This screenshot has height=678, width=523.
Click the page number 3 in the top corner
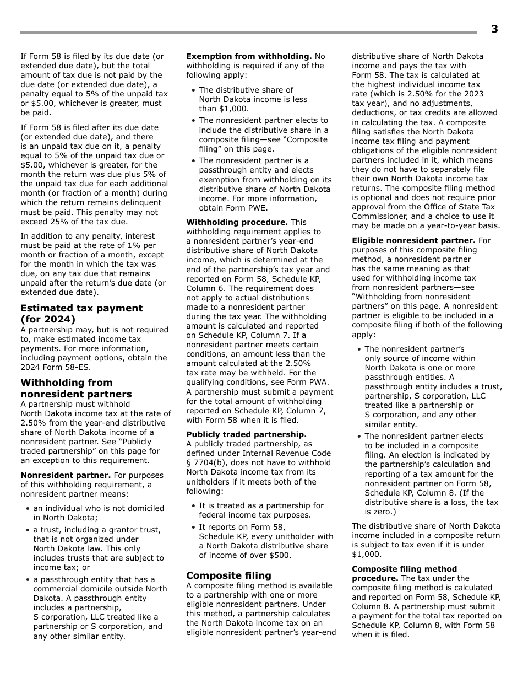(x=494, y=30)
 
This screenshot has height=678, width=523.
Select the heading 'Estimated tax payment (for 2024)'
(x=81, y=314)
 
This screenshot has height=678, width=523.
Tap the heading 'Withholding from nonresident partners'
(x=76, y=388)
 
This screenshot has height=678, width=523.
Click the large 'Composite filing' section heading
(x=228, y=575)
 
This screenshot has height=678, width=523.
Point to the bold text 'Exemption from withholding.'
(x=249, y=56)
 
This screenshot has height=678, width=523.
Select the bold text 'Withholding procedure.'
(x=237, y=222)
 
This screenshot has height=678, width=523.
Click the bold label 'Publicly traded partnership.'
(x=246, y=434)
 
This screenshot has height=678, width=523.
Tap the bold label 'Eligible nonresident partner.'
(x=413, y=240)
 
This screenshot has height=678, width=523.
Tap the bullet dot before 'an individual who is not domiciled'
(x=28, y=508)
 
